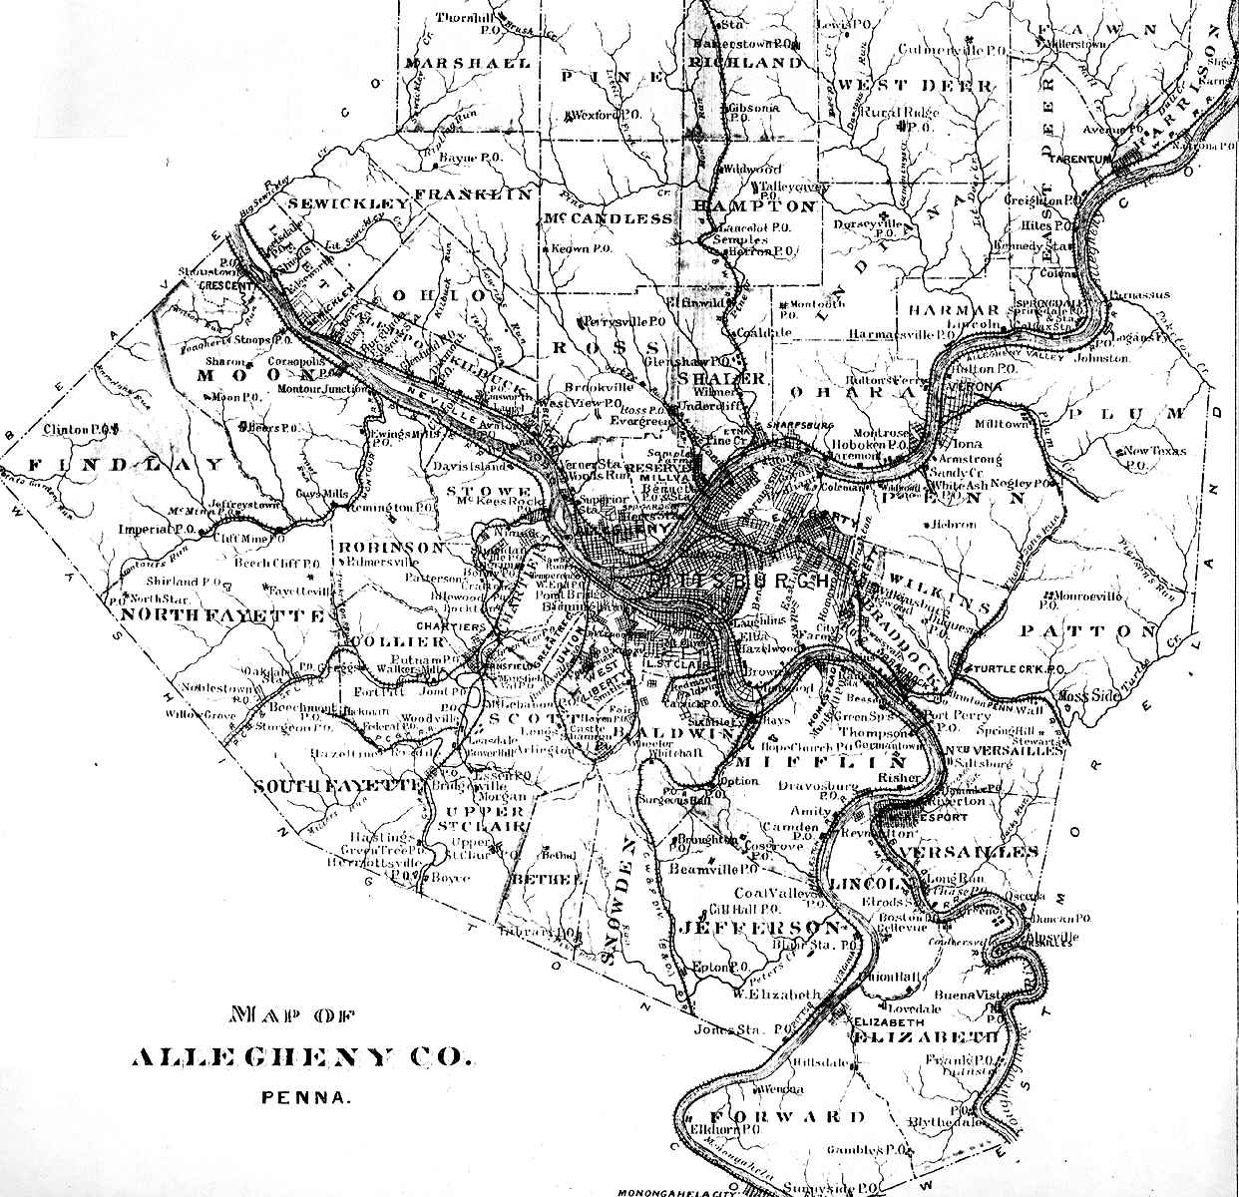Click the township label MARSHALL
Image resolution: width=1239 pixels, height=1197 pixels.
click(x=454, y=63)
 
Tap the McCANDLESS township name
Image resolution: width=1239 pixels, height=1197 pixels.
click(x=608, y=218)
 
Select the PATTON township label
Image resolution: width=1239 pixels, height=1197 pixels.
click(x=1088, y=631)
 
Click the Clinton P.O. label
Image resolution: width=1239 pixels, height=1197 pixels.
click(x=81, y=429)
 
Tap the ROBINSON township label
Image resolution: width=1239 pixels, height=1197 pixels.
click(x=390, y=548)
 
